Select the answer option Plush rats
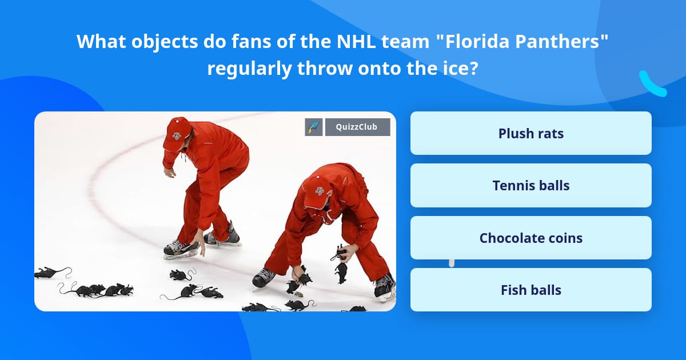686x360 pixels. click(531, 133)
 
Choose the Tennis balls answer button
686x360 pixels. click(531, 186)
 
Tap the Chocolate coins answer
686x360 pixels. click(531, 238)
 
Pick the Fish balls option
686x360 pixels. click(531, 290)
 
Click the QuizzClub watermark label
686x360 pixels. click(357, 127)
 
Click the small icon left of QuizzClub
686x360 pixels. click(314, 127)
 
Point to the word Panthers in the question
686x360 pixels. click(552, 41)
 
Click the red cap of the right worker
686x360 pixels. click(316, 191)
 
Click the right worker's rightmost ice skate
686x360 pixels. click(385, 285)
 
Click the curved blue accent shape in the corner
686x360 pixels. click(652, 84)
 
